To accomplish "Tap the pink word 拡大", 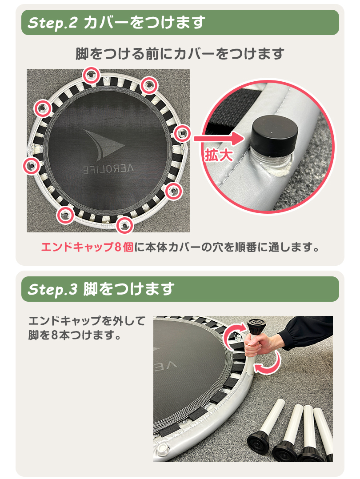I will point(218,155).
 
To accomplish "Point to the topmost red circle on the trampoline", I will point(92,75).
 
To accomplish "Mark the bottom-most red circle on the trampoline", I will point(125,225).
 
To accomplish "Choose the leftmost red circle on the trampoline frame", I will point(31,166).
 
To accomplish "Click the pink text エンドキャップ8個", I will point(87,247).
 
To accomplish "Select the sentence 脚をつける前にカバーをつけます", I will point(180,54).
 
